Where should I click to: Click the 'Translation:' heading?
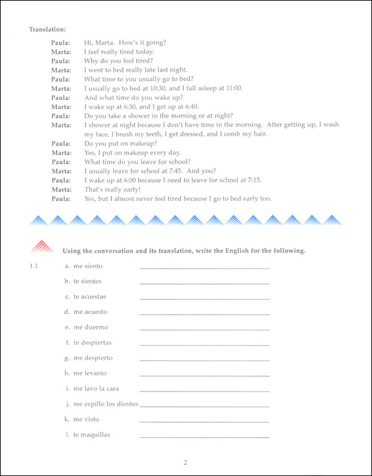coord(47,29)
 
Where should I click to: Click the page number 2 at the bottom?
coord(186,462)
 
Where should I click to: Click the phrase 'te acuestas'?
coord(90,296)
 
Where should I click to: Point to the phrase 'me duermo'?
coord(90,327)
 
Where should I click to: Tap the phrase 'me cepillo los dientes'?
coord(106,404)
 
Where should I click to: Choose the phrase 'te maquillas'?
coord(92,434)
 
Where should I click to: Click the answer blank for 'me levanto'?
coord(204,375)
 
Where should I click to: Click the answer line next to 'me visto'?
coord(204,421)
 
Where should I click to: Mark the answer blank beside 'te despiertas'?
coord(204,345)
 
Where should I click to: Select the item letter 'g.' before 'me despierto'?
coord(67,358)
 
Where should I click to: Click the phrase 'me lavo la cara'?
coord(96,389)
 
